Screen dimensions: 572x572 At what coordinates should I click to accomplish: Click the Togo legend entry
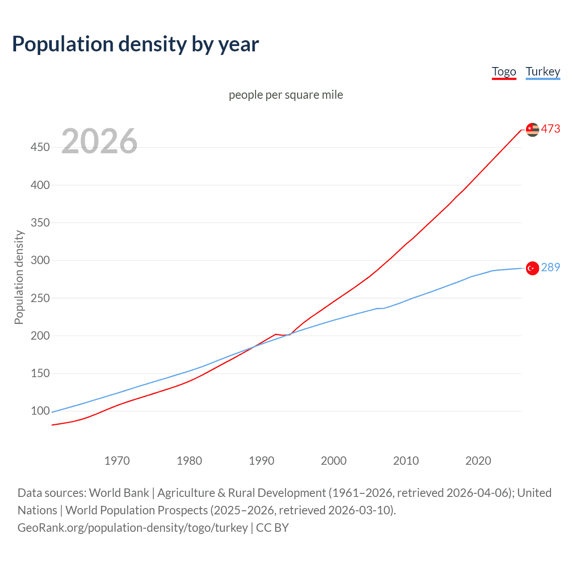point(504,71)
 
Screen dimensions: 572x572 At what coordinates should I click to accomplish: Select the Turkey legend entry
point(543,71)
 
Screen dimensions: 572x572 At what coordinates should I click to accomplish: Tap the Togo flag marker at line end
point(532,130)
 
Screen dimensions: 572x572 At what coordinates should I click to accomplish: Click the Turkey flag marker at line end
point(532,268)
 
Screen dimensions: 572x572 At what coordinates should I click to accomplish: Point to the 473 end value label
point(550,129)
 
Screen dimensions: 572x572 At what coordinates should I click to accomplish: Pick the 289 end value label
point(550,267)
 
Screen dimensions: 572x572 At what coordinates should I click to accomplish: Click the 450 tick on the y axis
point(40,147)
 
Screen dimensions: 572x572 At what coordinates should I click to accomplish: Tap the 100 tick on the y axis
point(40,411)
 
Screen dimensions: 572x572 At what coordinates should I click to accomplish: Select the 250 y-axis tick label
point(40,298)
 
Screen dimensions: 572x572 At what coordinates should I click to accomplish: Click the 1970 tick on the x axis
point(117,461)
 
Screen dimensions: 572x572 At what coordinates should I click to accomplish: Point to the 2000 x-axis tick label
point(333,461)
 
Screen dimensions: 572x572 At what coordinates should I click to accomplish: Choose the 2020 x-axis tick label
point(478,461)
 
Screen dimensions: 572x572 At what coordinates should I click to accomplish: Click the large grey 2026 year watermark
point(99,141)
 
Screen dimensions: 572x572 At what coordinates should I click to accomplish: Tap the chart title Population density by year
point(135,44)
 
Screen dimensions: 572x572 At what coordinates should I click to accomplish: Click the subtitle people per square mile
point(286,95)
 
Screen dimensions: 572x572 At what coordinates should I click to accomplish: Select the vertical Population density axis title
point(19,277)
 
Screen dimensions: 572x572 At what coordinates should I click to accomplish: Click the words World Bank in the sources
point(119,493)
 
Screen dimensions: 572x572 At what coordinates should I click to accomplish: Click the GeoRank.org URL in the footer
point(132,528)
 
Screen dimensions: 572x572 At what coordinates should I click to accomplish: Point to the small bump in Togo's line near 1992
point(276,334)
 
